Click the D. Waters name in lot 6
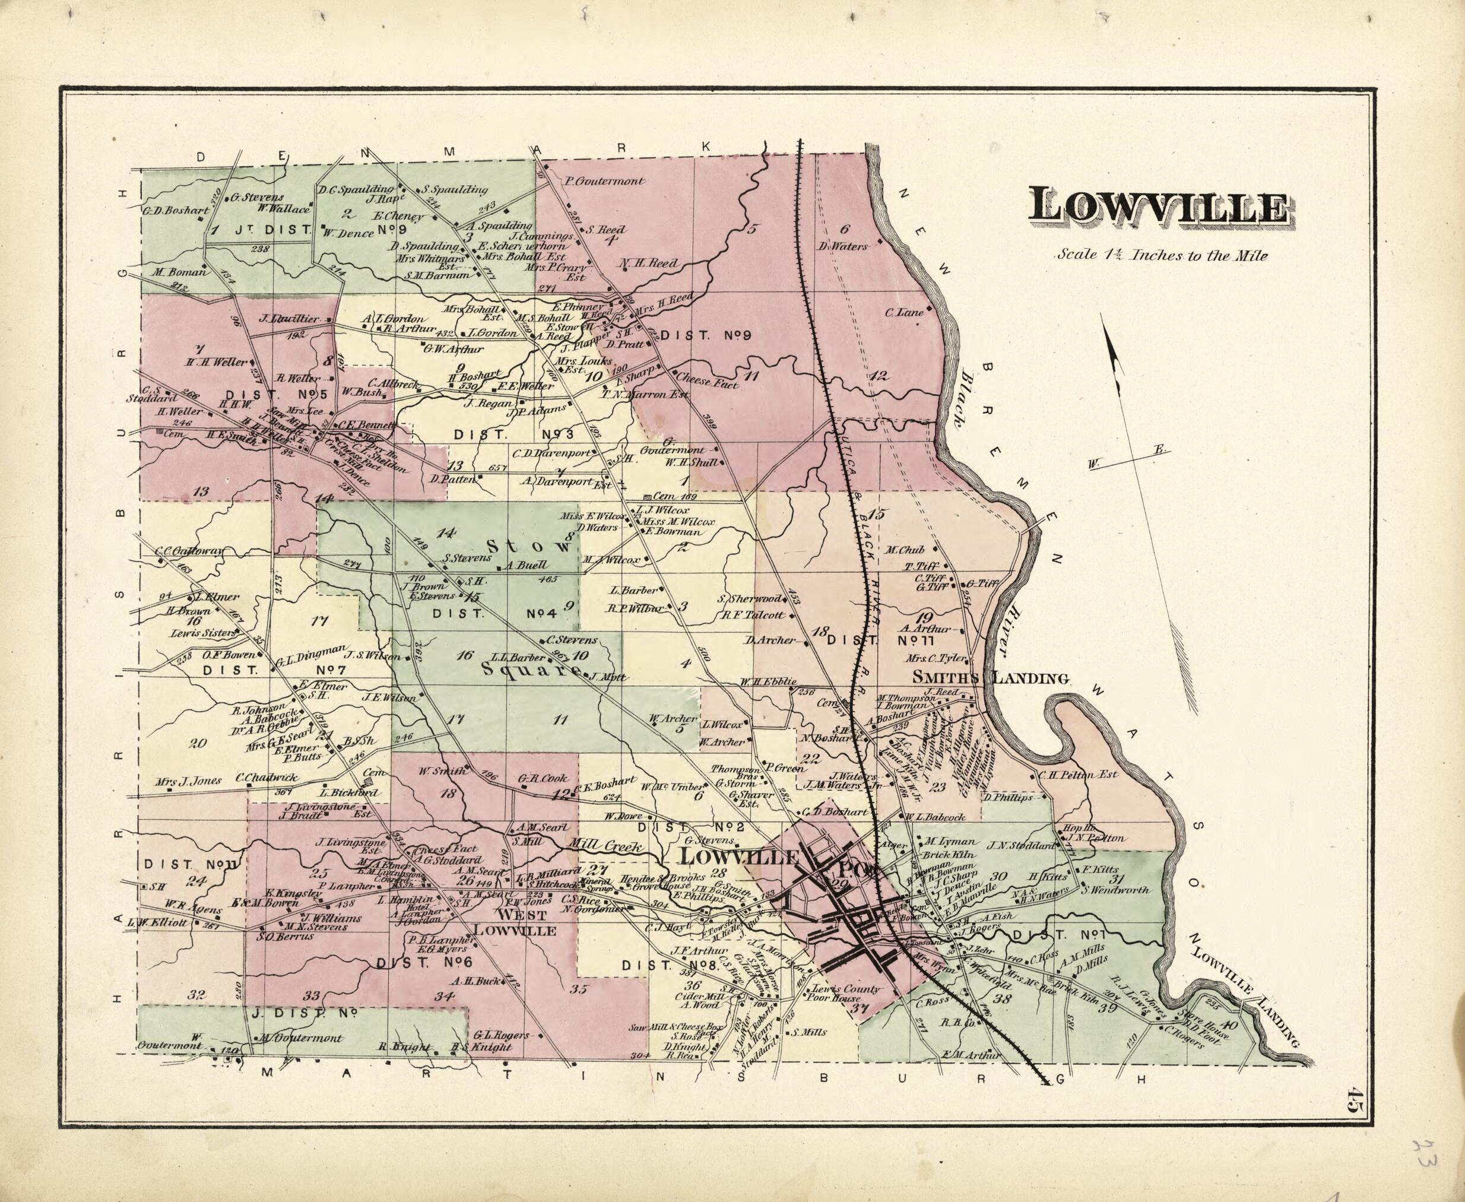coord(842,246)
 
